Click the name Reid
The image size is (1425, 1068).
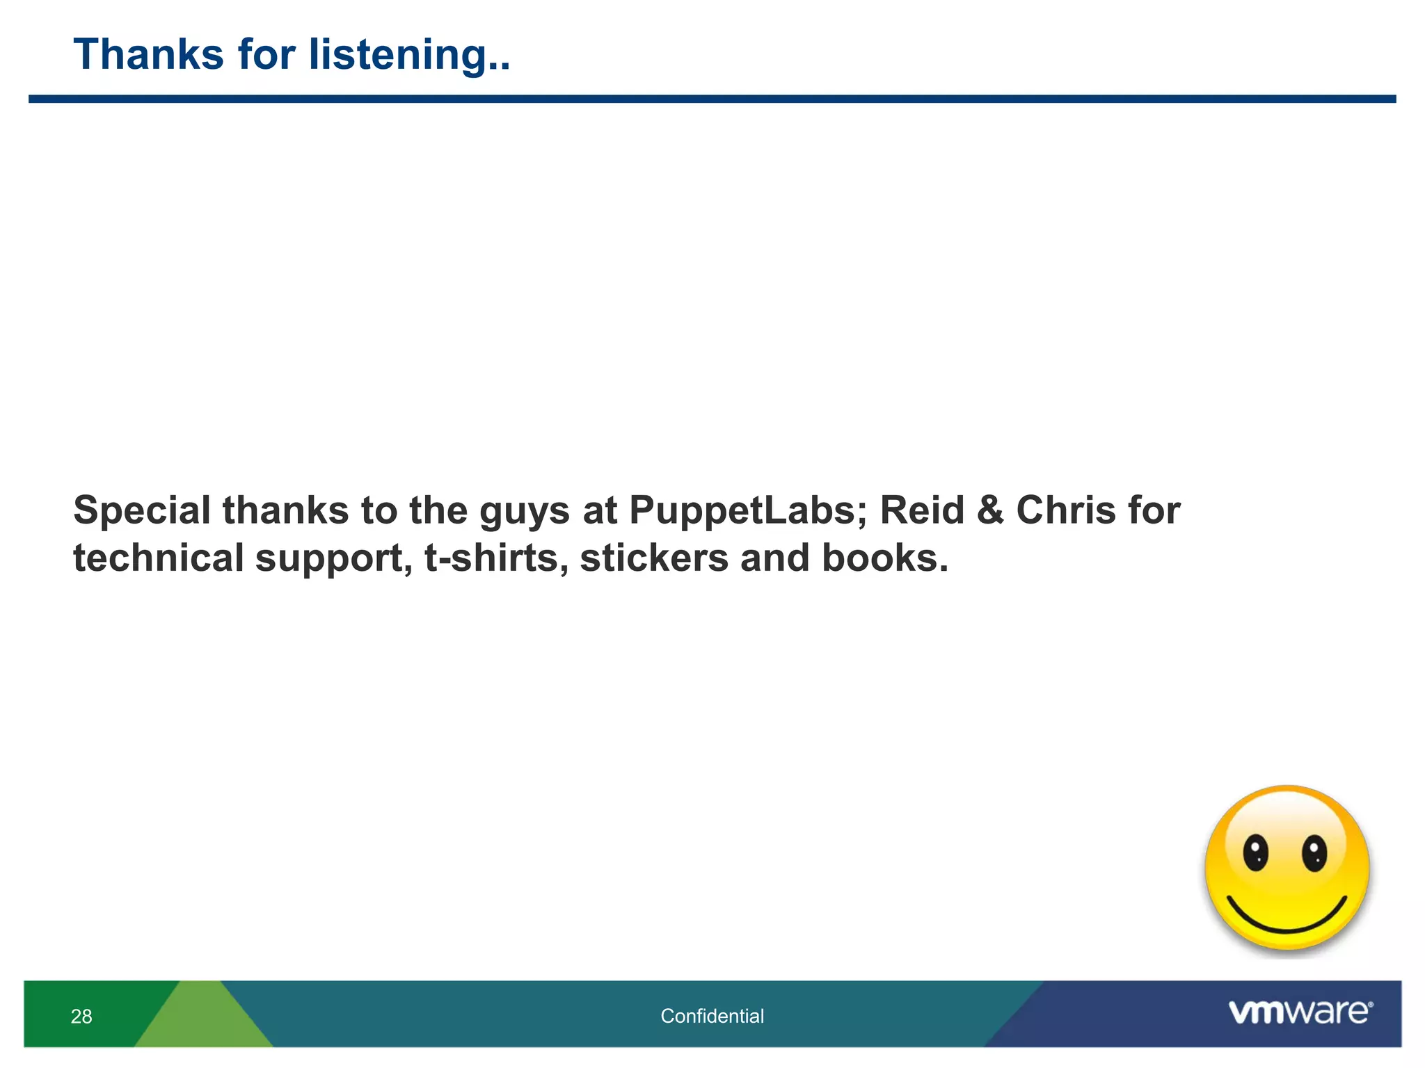[922, 510]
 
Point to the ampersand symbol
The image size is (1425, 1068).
[990, 510]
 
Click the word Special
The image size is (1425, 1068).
[142, 512]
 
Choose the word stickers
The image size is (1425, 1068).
[654, 558]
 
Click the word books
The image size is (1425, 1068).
[884, 558]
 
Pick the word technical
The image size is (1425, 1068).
[159, 558]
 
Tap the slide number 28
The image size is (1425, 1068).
[81, 1017]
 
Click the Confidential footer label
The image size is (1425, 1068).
[712, 1017]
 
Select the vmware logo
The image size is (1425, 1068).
[1300, 1012]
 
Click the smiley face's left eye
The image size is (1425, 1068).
[1256, 853]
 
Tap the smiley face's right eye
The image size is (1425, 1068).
[1314, 853]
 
